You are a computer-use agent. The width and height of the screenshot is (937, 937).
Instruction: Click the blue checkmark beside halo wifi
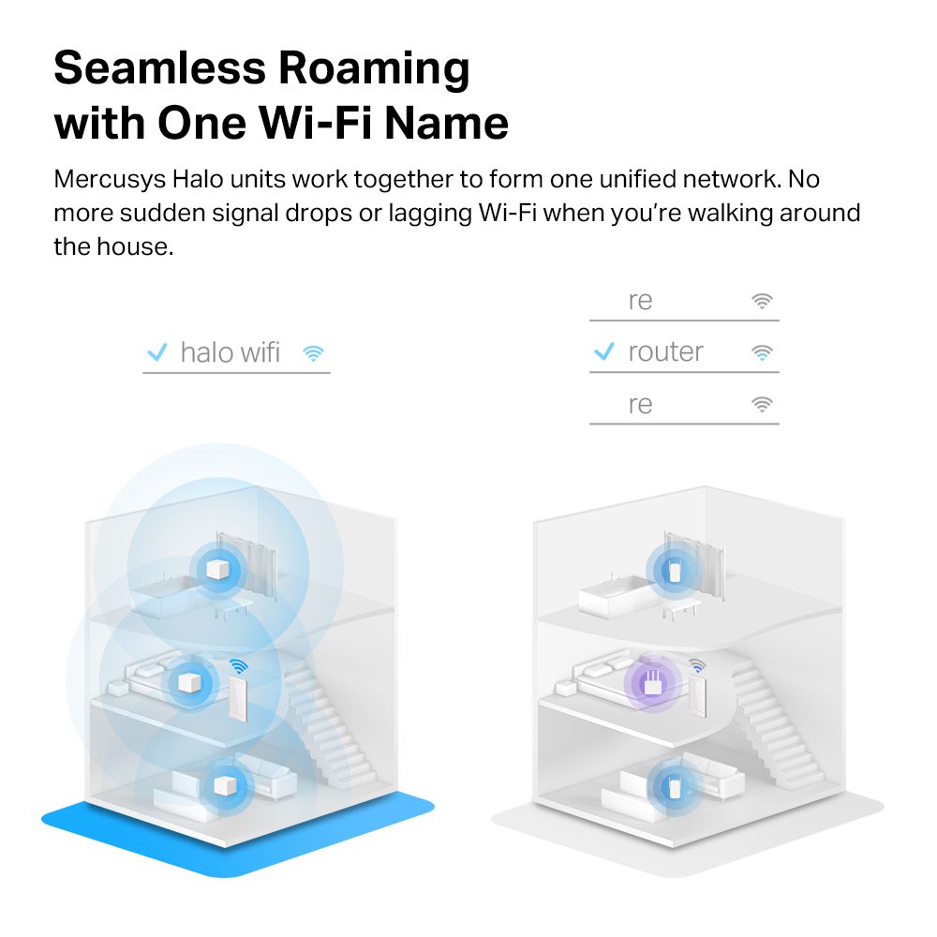click(x=156, y=352)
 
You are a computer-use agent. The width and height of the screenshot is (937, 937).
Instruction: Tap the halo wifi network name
click(x=230, y=352)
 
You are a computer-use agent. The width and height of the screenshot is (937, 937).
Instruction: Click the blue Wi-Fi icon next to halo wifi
click(x=313, y=353)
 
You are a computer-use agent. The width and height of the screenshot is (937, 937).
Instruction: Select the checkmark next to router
click(x=604, y=352)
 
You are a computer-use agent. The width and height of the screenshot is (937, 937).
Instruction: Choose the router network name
click(x=665, y=352)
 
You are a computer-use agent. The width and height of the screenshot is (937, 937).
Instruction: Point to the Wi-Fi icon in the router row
click(x=762, y=353)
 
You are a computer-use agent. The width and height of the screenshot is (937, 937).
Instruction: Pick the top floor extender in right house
click(x=673, y=570)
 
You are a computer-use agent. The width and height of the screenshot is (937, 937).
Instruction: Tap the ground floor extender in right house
click(x=673, y=783)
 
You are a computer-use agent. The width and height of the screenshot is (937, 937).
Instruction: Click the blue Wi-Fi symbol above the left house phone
click(x=240, y=667)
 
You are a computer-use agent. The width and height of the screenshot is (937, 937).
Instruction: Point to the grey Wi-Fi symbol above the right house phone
click(x=697, y=666)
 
